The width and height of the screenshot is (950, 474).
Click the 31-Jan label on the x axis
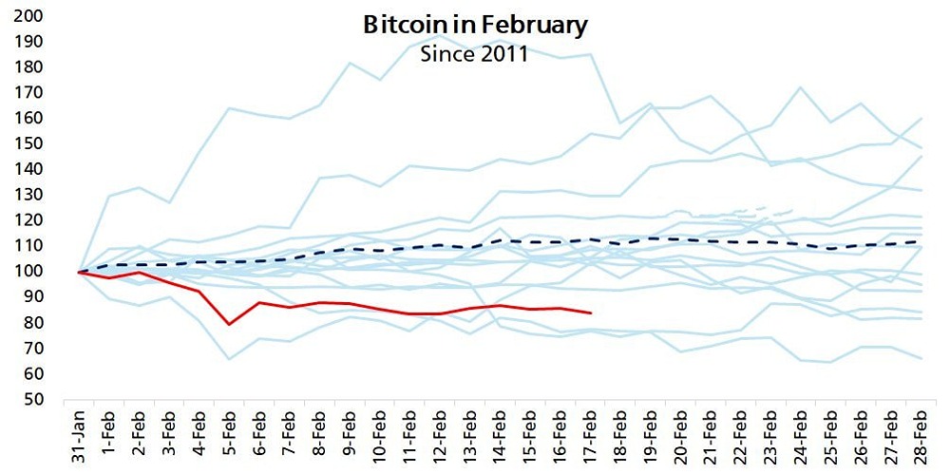[x=81, y=437]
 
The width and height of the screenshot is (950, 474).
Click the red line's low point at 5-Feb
[x=228, y=324]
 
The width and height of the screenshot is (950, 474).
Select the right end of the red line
[x=591, y=313]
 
